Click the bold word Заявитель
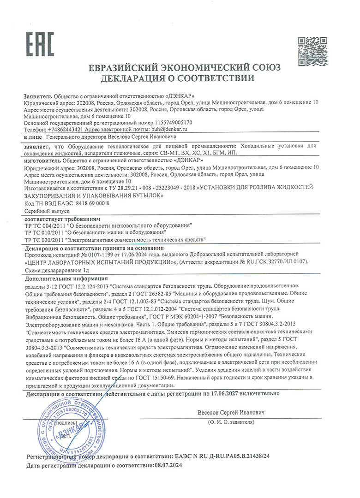tap(38, 96)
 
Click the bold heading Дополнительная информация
tap(66, 279)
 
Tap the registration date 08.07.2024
tap(168, 466)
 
